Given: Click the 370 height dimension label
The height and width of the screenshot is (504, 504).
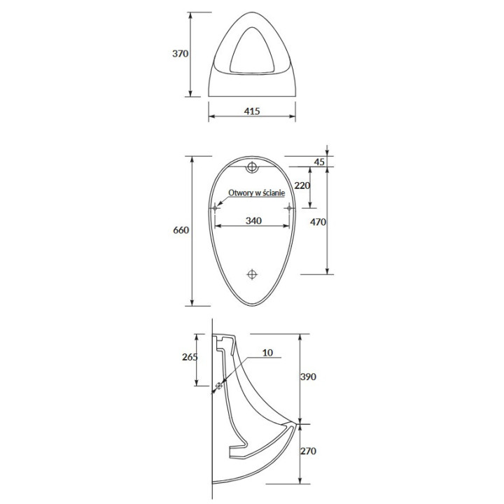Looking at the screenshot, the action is tap(180, 53).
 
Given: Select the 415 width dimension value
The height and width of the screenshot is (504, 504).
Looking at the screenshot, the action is tap(252, 111).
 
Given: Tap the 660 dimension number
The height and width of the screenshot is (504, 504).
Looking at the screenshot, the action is tap(181, 230).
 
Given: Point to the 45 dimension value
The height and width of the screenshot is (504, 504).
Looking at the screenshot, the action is tap(319, 162).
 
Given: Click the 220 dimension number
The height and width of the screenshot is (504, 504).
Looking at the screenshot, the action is tap(302, 185).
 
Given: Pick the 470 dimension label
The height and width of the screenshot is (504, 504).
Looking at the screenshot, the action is tap(318, 222).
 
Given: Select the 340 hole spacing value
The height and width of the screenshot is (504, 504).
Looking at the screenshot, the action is tap(253, 220).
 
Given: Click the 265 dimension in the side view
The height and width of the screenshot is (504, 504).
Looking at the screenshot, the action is tap(190, 357).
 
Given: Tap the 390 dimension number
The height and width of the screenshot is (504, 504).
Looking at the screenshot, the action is tap(308, 377).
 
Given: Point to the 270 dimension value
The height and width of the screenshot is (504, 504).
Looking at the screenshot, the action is tap(308, 451).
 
